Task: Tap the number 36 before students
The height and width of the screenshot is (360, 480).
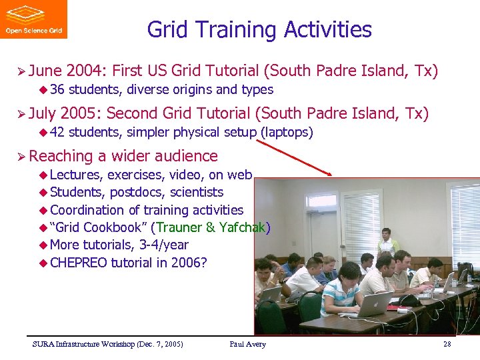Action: click(56, 89)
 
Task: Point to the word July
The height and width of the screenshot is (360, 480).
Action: click(44, 113)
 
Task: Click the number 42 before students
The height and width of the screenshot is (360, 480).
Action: click(56, 132)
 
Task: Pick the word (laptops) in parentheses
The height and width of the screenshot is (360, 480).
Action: click(285, 132)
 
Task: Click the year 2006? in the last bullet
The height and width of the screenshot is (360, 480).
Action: click(189, 262)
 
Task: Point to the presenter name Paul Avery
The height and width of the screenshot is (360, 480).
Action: click(247, 344)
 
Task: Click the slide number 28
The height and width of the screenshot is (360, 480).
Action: click(447, 344)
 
